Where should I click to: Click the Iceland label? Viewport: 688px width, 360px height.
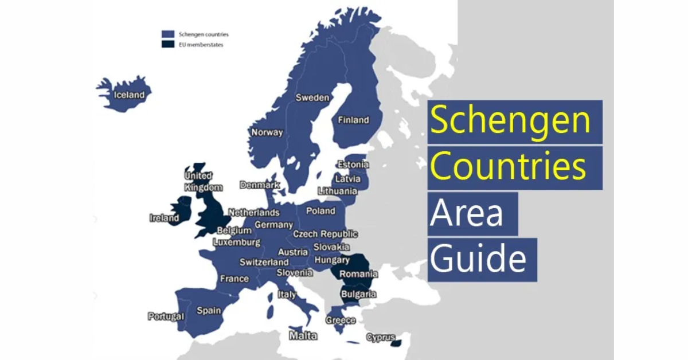click(129, 95)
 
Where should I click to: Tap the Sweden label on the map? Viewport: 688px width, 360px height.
click(312, 97)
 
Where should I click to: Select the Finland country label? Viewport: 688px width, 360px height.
click(353, 120)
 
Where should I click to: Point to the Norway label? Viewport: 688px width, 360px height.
click(267, 132)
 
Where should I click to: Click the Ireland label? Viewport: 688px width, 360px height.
click(164, 218)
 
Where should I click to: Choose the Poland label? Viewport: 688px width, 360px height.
click(320, 211)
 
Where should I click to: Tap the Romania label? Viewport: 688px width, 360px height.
click(358, 274)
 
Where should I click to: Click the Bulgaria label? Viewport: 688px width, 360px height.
click(358, 295)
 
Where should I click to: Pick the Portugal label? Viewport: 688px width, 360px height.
click(166, 316)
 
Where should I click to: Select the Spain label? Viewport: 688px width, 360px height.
click(209, 310)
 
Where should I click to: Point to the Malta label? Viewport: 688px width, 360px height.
click(303, 335)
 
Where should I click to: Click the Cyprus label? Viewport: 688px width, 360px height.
click(381, 337)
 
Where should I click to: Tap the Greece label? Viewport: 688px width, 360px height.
click(341, 320)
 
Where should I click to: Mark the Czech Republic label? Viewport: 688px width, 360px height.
click(325, 234)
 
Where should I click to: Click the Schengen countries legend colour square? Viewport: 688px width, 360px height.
click(168, 34)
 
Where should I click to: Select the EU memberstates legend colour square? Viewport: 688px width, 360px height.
click(168, 44)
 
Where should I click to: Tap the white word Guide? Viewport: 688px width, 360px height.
click(479, 259)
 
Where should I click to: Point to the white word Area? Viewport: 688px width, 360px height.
click(467, 213)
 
